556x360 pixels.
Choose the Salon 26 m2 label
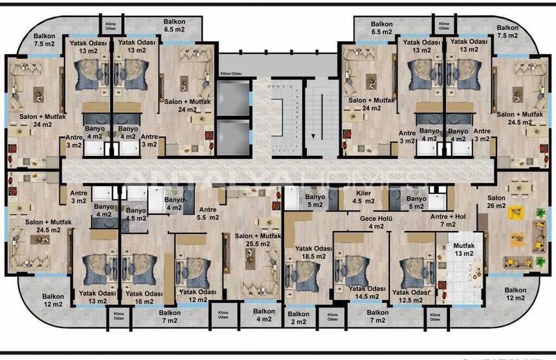(x=496, y=201)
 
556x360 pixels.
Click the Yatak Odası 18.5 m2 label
(x=310, y=253)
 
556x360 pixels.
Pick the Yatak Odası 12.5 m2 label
(x=411, y=296)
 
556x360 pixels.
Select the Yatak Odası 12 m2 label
(x=197, y=295)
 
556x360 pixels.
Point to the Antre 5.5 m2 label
(x=207, y=213)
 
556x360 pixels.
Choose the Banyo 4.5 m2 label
(x=136, y=214)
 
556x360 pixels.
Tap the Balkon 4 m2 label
(x=264, y=315)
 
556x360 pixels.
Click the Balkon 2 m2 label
(x=298, y=318)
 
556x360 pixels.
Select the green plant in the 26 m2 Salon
(x=540, y=213)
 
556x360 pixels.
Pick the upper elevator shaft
(x=234, y=98)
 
